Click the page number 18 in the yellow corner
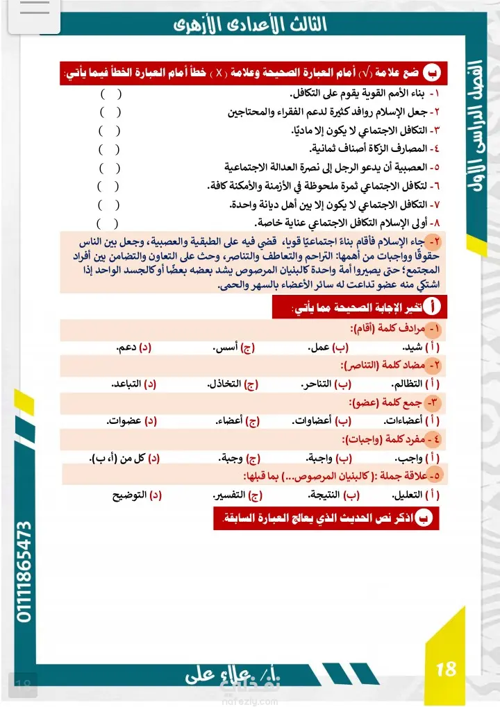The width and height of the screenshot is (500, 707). (x=446, y=668)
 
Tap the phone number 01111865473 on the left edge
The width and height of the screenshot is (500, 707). (x=24, y=571)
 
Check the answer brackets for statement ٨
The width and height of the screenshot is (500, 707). (x=107, y=223)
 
